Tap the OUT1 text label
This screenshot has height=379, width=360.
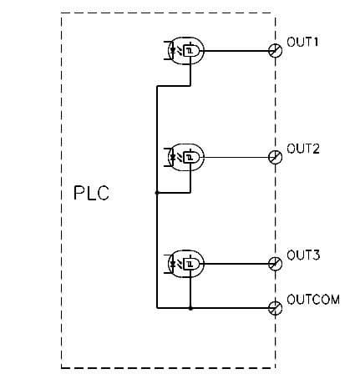[x=302, y=42]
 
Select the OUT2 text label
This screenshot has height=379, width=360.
[x=302, y=149]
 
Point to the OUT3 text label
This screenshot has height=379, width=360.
[x=302, y=255]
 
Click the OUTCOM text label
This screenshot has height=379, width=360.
[x=312, y=299]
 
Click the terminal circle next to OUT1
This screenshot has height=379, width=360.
[x=275, y=51]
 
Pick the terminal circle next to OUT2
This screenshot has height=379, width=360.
[x=275, y=156]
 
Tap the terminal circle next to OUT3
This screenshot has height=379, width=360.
[x=275, y=263]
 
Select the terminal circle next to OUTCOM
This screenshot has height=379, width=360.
[x=275, y=308]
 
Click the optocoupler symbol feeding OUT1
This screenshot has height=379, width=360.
[x=185, y=51]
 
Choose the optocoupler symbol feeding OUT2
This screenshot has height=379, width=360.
[x=185, y=156]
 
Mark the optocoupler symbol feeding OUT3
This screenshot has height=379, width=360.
[x=185, y=263]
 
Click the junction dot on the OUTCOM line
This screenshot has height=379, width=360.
[x=191, y=308]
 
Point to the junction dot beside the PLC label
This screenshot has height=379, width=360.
[x=156, y=193]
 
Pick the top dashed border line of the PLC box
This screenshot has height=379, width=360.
[x=167, y=13]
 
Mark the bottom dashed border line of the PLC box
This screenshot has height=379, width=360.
[x=167, y=366]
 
